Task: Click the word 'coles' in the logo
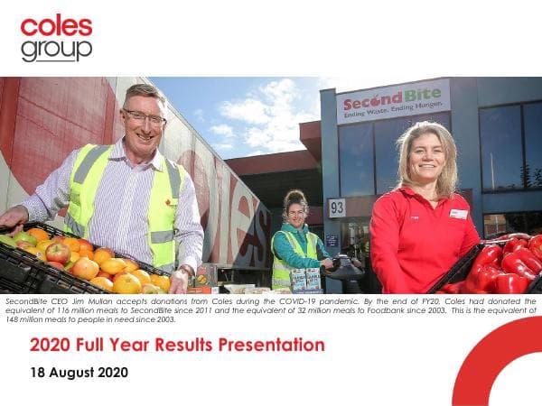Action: tap(56, 25)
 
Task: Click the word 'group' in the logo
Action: tap(56, 48)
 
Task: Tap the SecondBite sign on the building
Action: tap(393, 102)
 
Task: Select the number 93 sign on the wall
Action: tap(336, 208)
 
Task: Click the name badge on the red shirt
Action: tap(459, 214)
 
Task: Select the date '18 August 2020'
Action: tap(79, 372)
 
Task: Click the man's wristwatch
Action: tap(186, 271)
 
